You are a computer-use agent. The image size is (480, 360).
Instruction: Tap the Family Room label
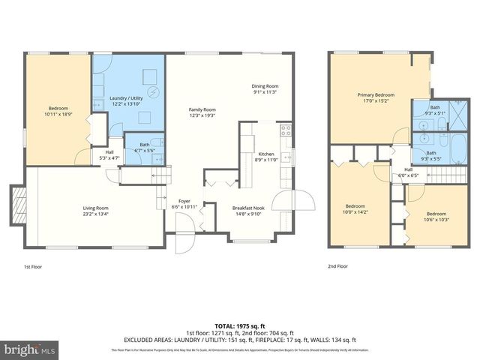[x=202, y=109]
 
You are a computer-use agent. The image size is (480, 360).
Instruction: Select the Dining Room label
[x=265, y=86]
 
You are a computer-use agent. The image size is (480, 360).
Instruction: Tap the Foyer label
[x=184, y=202]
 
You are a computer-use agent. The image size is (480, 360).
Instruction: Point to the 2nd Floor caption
[x=337, y=265]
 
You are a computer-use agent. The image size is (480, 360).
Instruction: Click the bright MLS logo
[x=29, y=349]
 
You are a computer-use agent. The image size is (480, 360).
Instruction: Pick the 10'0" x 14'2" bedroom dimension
[x=355, y=211]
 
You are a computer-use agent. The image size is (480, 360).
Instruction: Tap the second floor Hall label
[x=409, y=169]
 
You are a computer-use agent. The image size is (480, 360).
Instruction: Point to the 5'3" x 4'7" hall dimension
[x=108, y=158]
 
